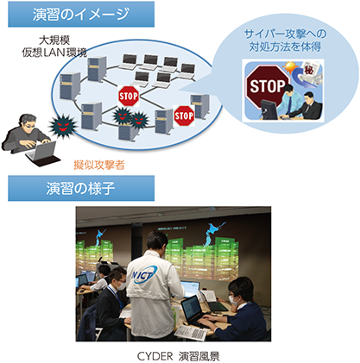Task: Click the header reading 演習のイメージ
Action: (x=81, y=15)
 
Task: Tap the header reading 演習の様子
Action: (x=80, y=189)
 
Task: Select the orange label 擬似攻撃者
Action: (x=99, y=165)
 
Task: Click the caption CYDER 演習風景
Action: (x=179, y=356)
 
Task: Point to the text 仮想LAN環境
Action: (x=54, y=53)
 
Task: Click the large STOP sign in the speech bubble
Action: (x=268, y=86)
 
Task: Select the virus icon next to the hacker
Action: (x=62, y=126)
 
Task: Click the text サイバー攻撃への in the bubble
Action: (x=285, y=34)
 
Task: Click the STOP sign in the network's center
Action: (x=129, y=96)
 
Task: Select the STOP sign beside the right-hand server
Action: (x=184, y=116)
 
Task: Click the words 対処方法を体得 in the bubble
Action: (x=285, y=47)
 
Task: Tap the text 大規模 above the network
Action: (x=54, y=40)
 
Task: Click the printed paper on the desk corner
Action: (x=191, y=333)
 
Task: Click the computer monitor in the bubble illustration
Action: (x=268, y=110)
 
